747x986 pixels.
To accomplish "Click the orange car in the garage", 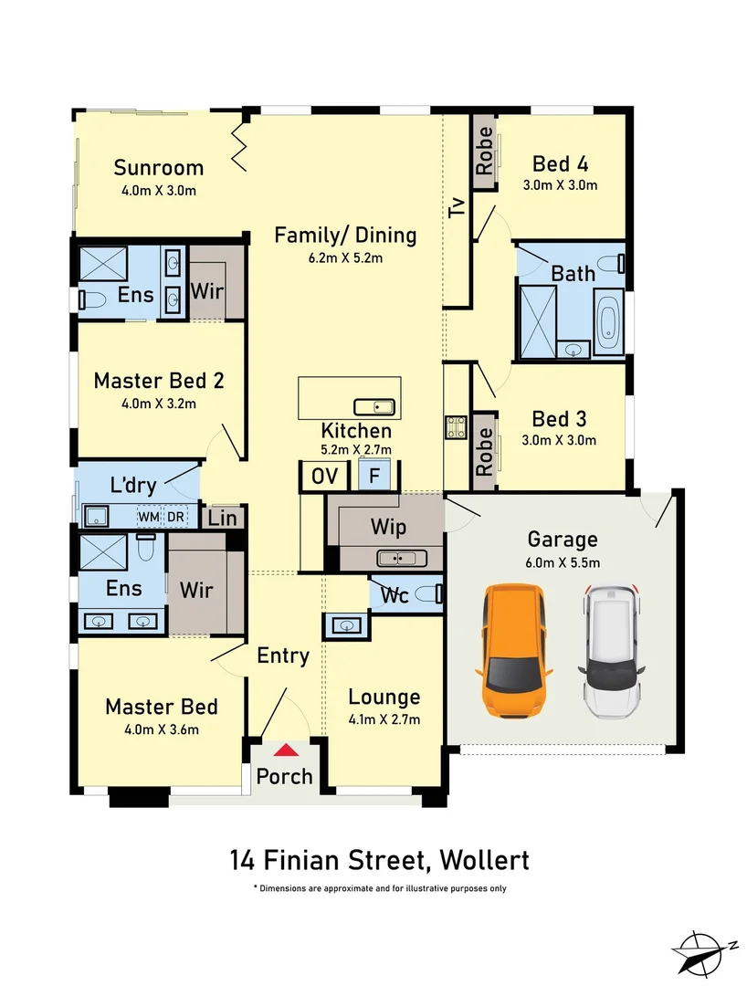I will [x=513, y=650].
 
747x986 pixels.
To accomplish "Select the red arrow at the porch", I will [x=286, y=750].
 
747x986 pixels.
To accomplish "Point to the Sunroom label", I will [x=158, y=167].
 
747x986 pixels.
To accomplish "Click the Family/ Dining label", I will [x=345, y=236].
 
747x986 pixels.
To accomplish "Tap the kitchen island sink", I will [x=373, y=406].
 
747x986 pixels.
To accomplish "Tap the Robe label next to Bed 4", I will [x=484, y=151].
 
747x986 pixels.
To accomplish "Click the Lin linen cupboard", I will [x=222, y=518].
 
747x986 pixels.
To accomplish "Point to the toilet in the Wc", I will [x=427, y=595].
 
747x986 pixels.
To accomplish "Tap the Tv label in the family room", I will [x=457, y=207].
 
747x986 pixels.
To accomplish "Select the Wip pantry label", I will [x=388, y=527].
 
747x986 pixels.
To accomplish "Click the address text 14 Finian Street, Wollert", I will [x=379, y=860].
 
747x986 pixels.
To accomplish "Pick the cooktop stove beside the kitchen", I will [x=456, y=426].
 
